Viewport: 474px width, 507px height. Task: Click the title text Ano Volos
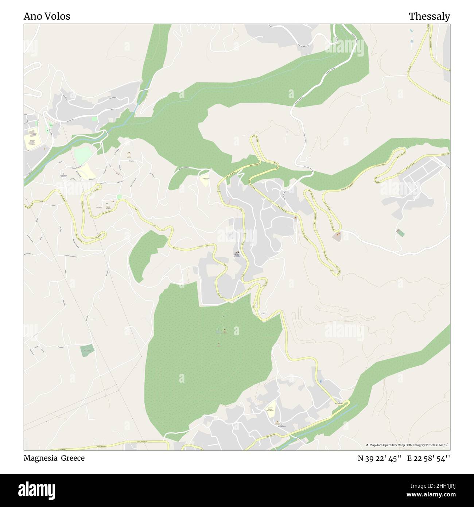[x=47, y=16]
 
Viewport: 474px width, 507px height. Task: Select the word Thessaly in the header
[x=429, y=16]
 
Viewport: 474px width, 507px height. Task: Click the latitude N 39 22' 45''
[x=380, y=458]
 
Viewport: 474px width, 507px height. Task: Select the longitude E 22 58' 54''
[x=428, y=458]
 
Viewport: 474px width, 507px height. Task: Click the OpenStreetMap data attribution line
[x=407, y=445]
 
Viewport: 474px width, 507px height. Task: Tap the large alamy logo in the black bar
[x=37, y=489]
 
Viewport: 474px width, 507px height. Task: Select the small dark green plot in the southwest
[x=87, y=350]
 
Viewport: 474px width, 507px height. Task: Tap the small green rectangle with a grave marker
[x=400, y=232]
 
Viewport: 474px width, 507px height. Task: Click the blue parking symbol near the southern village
[x=321, y=381]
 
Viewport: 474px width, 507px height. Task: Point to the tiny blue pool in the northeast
[x=412, y=31]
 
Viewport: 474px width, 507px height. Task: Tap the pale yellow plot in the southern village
[x=270, y=411]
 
